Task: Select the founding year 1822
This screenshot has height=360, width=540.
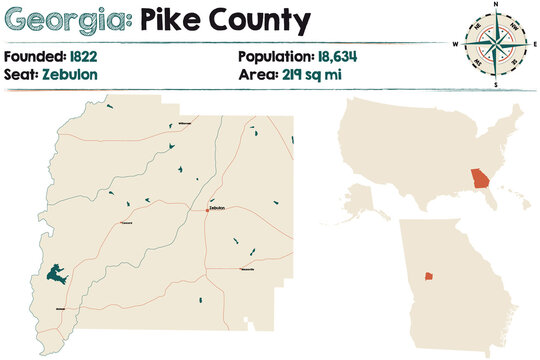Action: click(x=84, y=56)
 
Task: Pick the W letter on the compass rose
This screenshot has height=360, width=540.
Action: click(x=455, y=45)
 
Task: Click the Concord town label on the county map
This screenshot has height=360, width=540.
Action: click(x=127, y=223)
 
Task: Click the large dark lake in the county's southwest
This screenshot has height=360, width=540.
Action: click(x=56, y=272)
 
